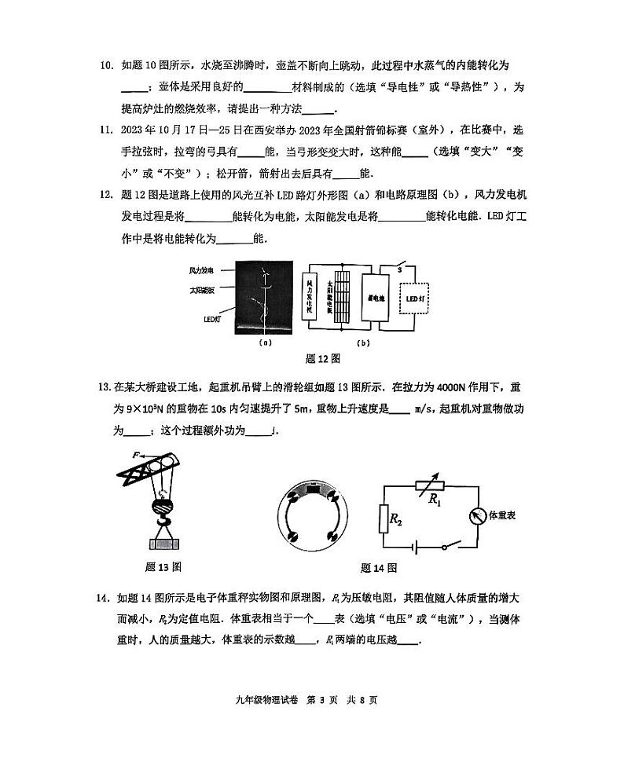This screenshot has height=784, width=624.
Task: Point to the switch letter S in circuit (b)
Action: click(x=399, y=269)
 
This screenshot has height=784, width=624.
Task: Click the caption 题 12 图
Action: click(x=322, y=359)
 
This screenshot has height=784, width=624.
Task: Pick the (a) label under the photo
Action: click(x=265, y=343)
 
